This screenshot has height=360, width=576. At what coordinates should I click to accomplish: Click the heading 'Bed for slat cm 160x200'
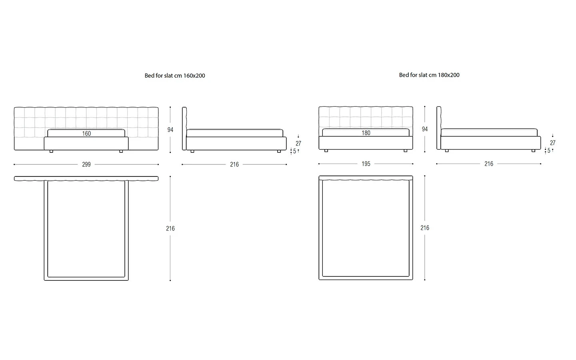[x=175, y=76]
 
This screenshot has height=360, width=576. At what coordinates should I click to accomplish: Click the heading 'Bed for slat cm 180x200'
[x=429, y=75]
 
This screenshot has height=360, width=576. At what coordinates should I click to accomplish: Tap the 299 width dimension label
[x=86, y=164]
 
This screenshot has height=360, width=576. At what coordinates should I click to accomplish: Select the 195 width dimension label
[x=366, y=164]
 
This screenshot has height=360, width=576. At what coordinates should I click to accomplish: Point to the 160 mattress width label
[x=86, y=134]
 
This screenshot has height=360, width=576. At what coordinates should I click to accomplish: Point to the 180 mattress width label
[x=366, y=133]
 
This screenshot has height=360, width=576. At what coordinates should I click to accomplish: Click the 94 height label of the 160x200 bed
[x=170, y=130]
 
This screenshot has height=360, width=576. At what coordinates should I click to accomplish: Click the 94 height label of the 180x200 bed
[x=425, y=129]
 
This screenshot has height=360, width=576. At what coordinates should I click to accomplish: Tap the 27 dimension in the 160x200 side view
[x=298, y=144]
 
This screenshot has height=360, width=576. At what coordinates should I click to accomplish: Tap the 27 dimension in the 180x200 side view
[x=553, y=143]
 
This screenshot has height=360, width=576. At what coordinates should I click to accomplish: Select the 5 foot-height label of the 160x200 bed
[x=294, y=152]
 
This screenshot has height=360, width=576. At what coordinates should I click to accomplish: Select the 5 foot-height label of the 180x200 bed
[x=549, y=151]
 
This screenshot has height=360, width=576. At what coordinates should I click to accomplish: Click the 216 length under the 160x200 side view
[x=234, y=164]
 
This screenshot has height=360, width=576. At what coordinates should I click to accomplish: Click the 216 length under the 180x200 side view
[x=488, y=164]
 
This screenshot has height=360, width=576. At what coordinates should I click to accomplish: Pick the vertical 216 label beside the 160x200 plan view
[x=170, y=228]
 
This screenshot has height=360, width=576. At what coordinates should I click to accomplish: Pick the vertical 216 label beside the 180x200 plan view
[x=425, y=228]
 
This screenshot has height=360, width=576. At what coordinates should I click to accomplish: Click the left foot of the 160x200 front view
[x=51, y=152]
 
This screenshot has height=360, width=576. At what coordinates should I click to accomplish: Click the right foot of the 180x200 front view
[x=406, y=151]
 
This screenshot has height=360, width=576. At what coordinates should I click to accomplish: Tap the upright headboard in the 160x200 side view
[x=184, y=128]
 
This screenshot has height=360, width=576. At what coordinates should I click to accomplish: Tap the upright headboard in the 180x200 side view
[x=439, y=128]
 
